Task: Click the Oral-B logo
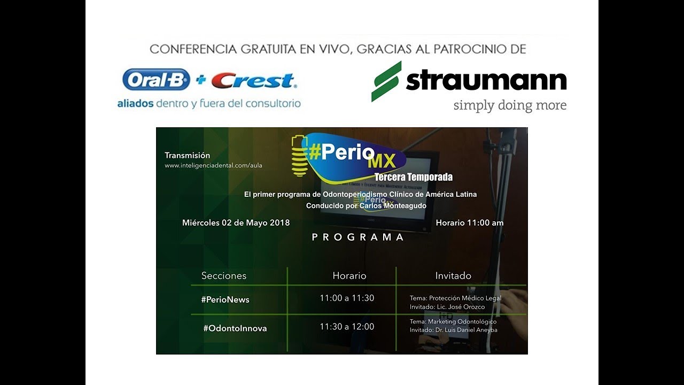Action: coord(156,80)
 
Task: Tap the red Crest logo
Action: coord(253,81)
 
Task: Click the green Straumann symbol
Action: coord(386,81)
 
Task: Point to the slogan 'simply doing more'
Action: coord(509,105)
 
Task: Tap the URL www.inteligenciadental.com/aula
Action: coord(213,166)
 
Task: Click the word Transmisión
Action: coord(187,155)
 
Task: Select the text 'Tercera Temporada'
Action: coord(413,177)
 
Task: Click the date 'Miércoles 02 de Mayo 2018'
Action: coord(236,222)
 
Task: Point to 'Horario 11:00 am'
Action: coord(469,222)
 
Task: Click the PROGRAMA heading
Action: coord(357,237)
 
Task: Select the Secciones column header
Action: coord(224,276)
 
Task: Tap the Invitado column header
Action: coord(453,276)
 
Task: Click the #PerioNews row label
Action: coord(225,299)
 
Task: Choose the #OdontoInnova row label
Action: coord(235,328)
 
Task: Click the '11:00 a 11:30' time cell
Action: coord(347,298)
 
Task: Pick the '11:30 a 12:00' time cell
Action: coord(347,326)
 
